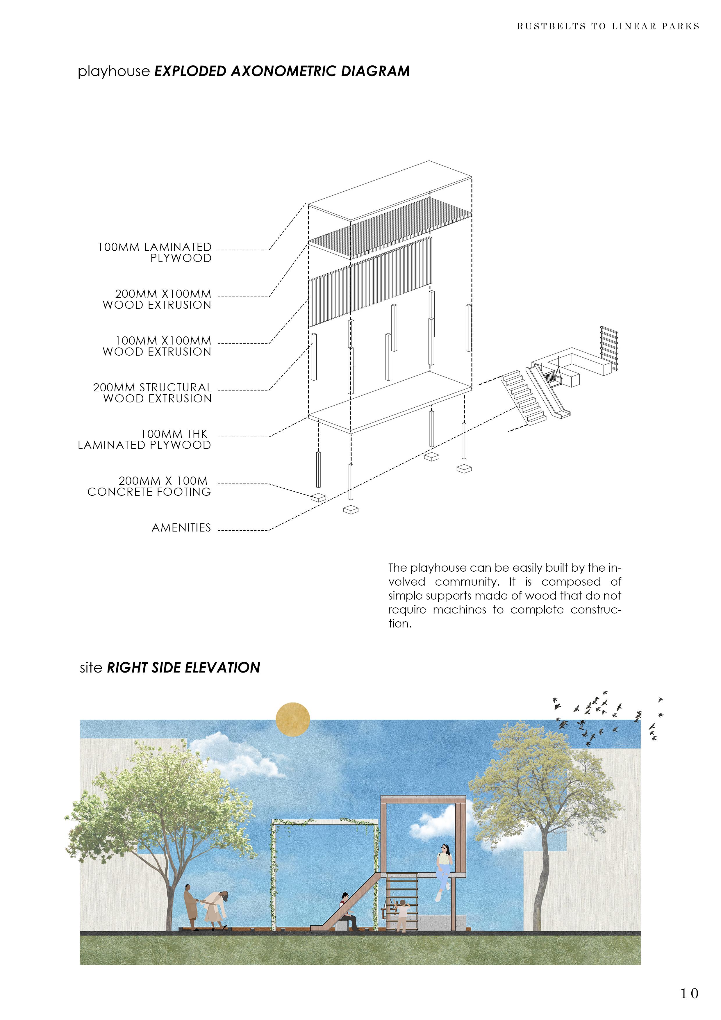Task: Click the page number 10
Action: [689, 993]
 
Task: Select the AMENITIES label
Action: [181, 528]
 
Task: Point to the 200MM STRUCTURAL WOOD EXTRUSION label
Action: [152, 393]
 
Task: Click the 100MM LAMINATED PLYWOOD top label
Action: [155, 252]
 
